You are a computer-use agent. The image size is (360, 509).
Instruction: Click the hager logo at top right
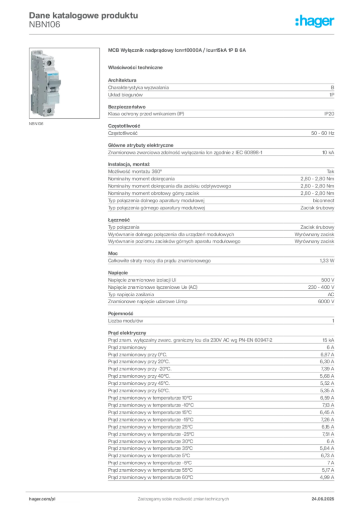314,21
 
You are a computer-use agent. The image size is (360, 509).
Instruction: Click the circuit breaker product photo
64,83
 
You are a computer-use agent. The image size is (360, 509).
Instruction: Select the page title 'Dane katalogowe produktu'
84,15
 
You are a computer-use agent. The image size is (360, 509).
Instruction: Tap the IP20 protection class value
329,114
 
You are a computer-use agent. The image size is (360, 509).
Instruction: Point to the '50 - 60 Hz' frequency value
322,133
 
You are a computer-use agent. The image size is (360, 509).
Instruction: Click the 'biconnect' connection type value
323,201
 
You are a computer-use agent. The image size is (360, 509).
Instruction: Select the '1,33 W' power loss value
327,260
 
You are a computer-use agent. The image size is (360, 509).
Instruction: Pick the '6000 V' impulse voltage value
326,302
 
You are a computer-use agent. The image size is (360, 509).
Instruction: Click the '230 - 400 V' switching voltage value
321,287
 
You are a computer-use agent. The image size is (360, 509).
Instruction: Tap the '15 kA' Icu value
328,340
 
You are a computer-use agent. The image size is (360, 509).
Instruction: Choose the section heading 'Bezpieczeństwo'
127,107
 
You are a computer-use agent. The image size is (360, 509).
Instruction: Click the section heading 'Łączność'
119,220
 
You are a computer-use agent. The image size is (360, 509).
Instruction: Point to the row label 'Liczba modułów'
125,321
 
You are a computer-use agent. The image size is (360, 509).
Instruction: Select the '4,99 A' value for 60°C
327,478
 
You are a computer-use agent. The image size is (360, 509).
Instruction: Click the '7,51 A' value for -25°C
328,434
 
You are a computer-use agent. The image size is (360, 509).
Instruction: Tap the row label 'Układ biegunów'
125,95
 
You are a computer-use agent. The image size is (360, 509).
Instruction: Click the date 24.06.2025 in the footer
323,499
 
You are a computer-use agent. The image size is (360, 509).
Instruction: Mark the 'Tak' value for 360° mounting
331,171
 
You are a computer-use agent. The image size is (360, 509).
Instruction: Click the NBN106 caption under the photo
36,124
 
